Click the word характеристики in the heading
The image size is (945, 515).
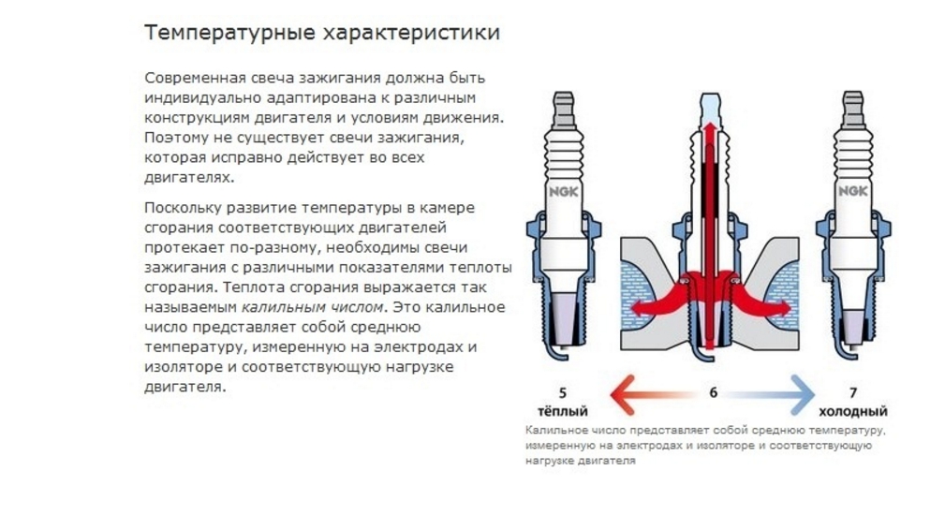412,33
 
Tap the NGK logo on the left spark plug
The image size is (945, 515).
564,192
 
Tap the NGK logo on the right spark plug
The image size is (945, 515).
853,192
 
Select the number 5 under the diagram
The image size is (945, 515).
562,393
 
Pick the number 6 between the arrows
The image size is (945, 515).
713,392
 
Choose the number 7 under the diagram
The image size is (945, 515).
853,393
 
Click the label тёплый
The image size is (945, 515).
562,411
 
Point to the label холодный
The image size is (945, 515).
853,412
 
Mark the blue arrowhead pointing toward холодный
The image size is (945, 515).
802,395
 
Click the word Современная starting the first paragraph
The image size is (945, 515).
196,79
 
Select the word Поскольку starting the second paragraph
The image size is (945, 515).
183,208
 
